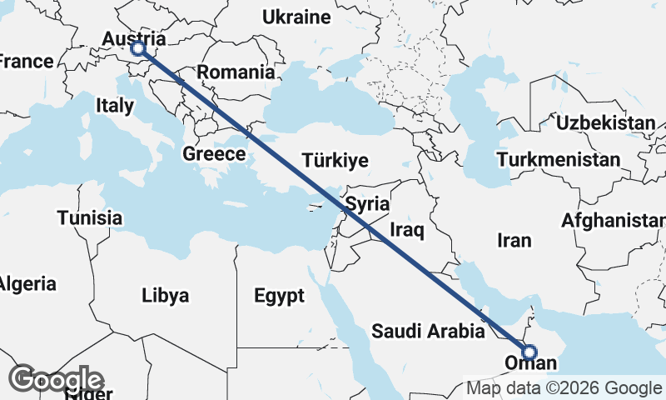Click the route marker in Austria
point(138,50)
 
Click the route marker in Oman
point(529,352)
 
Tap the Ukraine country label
point(296,17)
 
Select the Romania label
point(236,72)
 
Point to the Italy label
point(115,106)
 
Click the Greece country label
point(214,154)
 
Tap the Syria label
point(367,203)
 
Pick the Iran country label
point(514,241)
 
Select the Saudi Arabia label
point(428,331)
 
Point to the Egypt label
point(280,296)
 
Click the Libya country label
point(165,296)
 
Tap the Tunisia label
point(90,218)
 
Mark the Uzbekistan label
point(606,123)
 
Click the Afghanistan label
point(614,221)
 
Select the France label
point(27,62)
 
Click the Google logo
point(57,380)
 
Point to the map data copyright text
point(564,387)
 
